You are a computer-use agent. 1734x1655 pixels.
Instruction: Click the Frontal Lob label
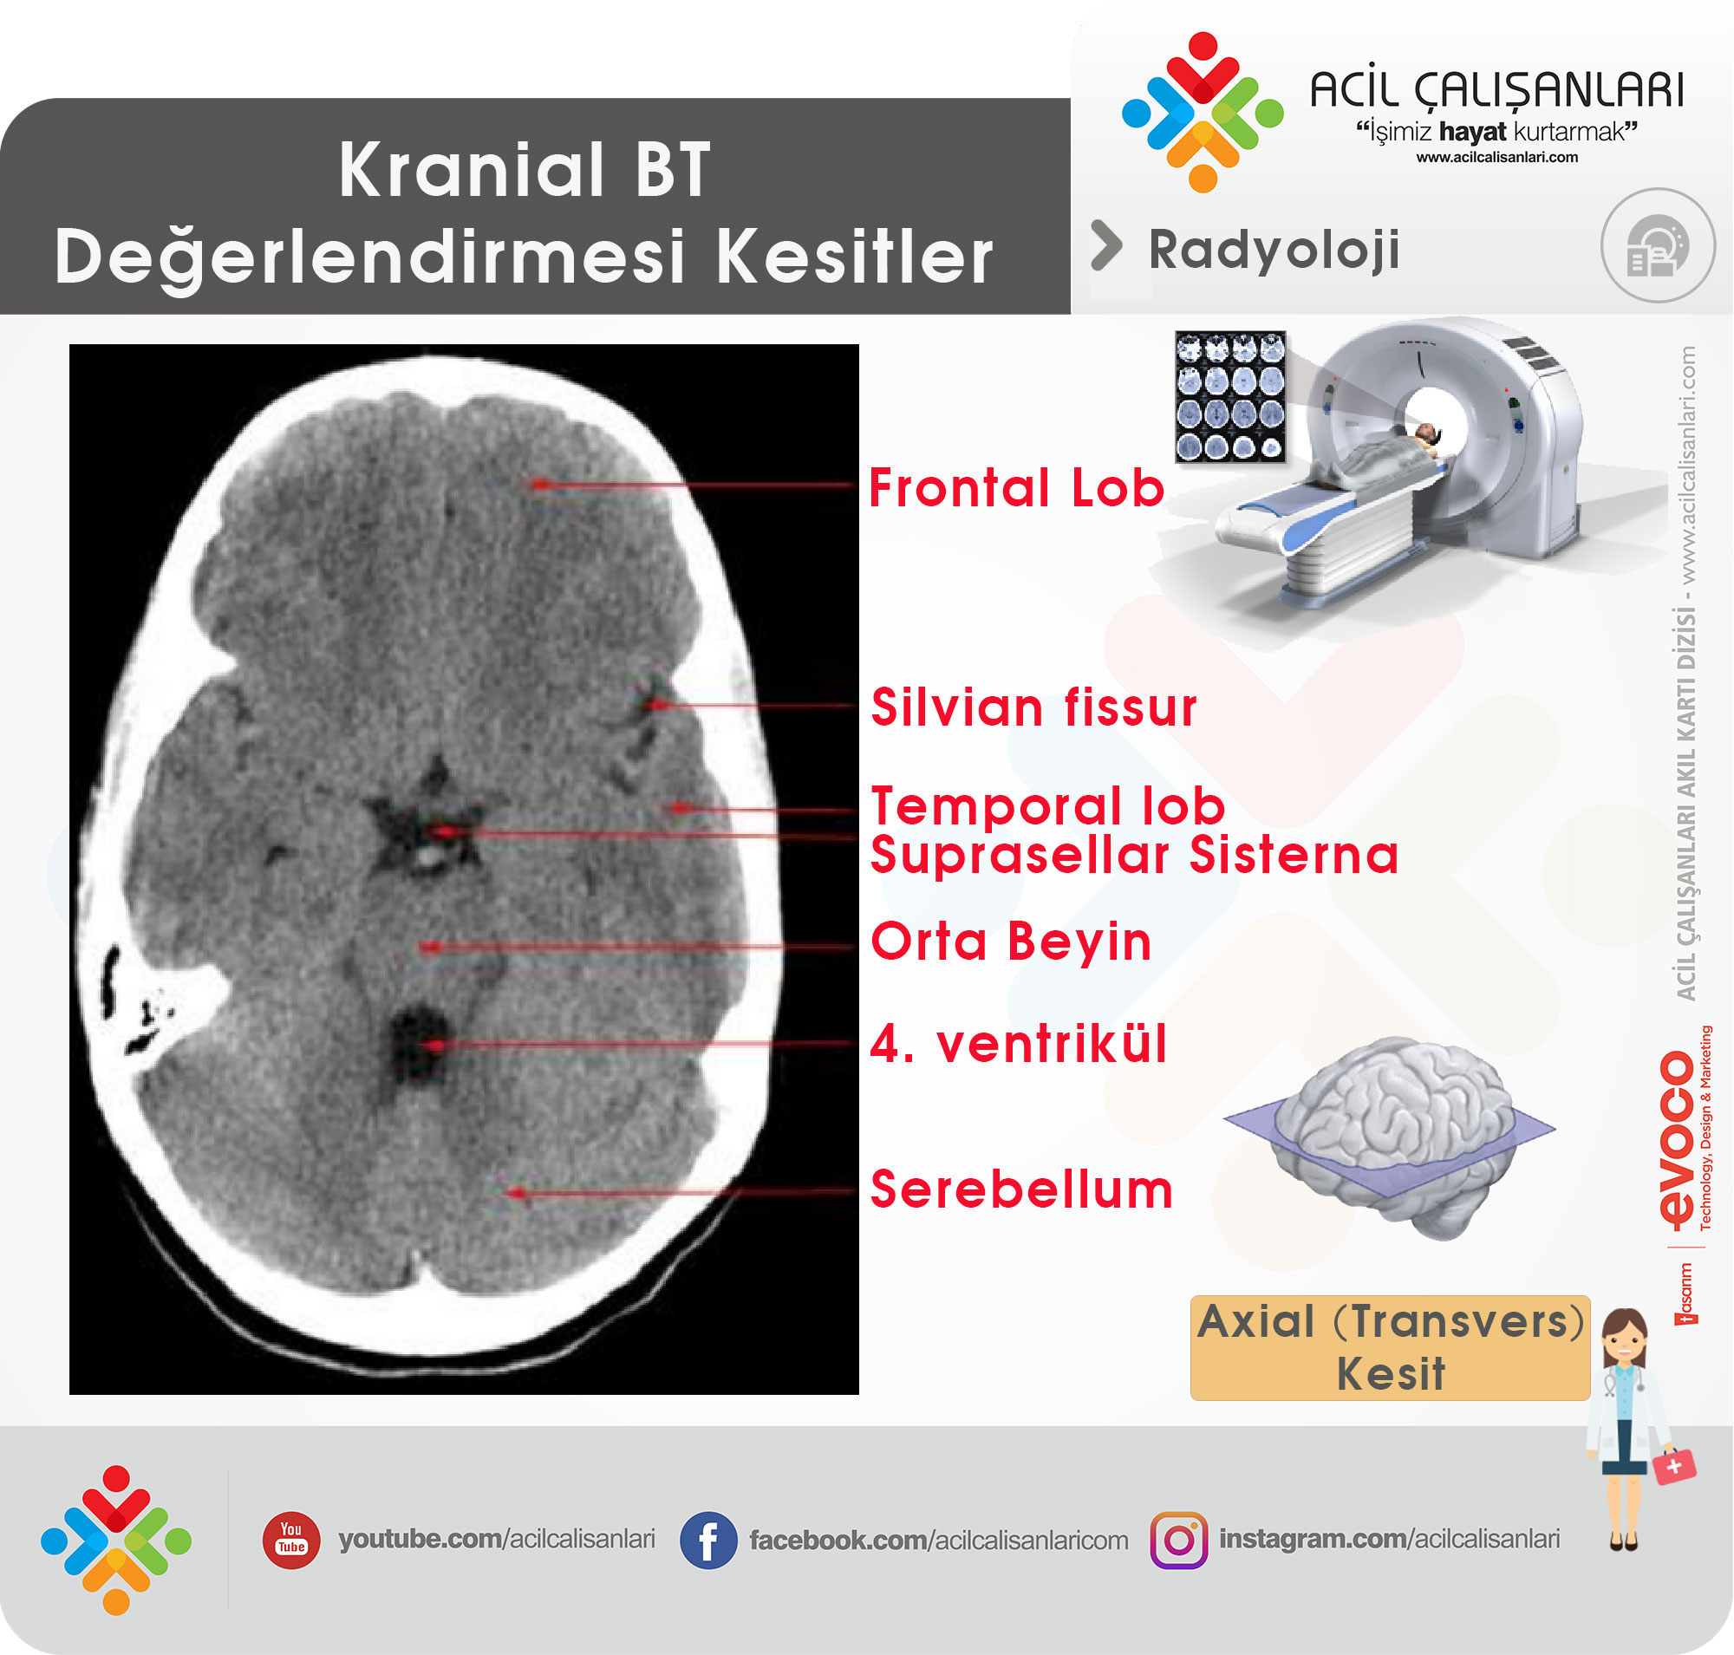click(x=1017, y=488)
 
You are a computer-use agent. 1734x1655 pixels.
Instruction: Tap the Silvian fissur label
click(x=1033, y=707)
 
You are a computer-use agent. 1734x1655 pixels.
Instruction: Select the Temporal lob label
click(x=1048, y=805)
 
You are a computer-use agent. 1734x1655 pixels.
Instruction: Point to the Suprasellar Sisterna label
click(x=1135, y=855)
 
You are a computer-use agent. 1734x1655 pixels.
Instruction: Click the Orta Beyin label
click(x=1011, y=942)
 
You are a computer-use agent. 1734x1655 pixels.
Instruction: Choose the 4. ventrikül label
click(x=1019, y=1044)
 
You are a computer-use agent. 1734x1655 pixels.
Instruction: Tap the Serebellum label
click(x=1022, y=1189)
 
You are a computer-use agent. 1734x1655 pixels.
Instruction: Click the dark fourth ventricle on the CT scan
click(x=420, y=1049)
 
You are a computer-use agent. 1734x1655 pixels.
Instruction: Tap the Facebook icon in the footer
click(x=707, y=1541)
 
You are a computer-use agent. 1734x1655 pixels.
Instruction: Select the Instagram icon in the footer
click(x=1179, y=1541)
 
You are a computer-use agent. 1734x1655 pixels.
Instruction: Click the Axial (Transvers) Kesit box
click(x=1390, y=1347)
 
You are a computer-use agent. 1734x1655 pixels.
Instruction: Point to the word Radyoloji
click(x=1274, y=251)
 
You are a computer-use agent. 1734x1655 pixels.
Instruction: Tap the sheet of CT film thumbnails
click(x=1231, y=397)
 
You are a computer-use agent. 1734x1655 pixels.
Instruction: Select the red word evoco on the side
click(x=1677, y=1139)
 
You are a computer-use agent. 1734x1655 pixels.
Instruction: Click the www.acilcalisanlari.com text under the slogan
click(x=1497, y=157)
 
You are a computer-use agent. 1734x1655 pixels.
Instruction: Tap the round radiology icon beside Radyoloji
click(x=1658, y=246)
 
